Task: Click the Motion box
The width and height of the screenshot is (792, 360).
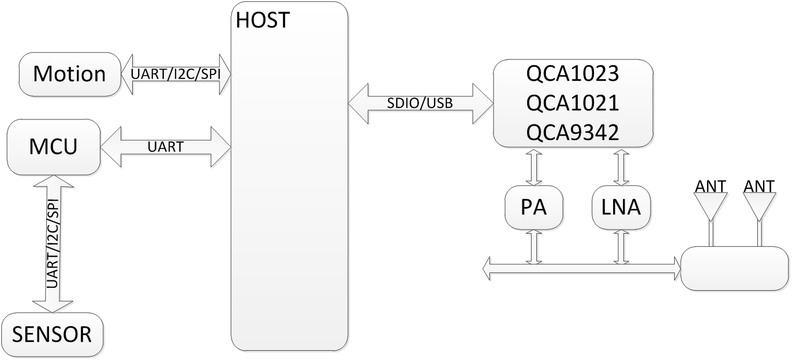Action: [69, 74]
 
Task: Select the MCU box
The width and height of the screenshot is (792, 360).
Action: [54, 147]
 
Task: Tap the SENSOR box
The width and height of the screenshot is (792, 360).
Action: [52, 334]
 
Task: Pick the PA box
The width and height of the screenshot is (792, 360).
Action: [533, 207]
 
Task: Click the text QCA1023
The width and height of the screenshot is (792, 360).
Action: [573, 74]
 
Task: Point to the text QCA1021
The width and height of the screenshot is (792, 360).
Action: [573, 103]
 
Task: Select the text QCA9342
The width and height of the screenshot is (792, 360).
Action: [573, 133]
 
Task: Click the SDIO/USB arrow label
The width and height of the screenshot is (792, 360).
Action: [420, 103]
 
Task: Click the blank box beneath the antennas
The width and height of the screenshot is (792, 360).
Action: [735, 268]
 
